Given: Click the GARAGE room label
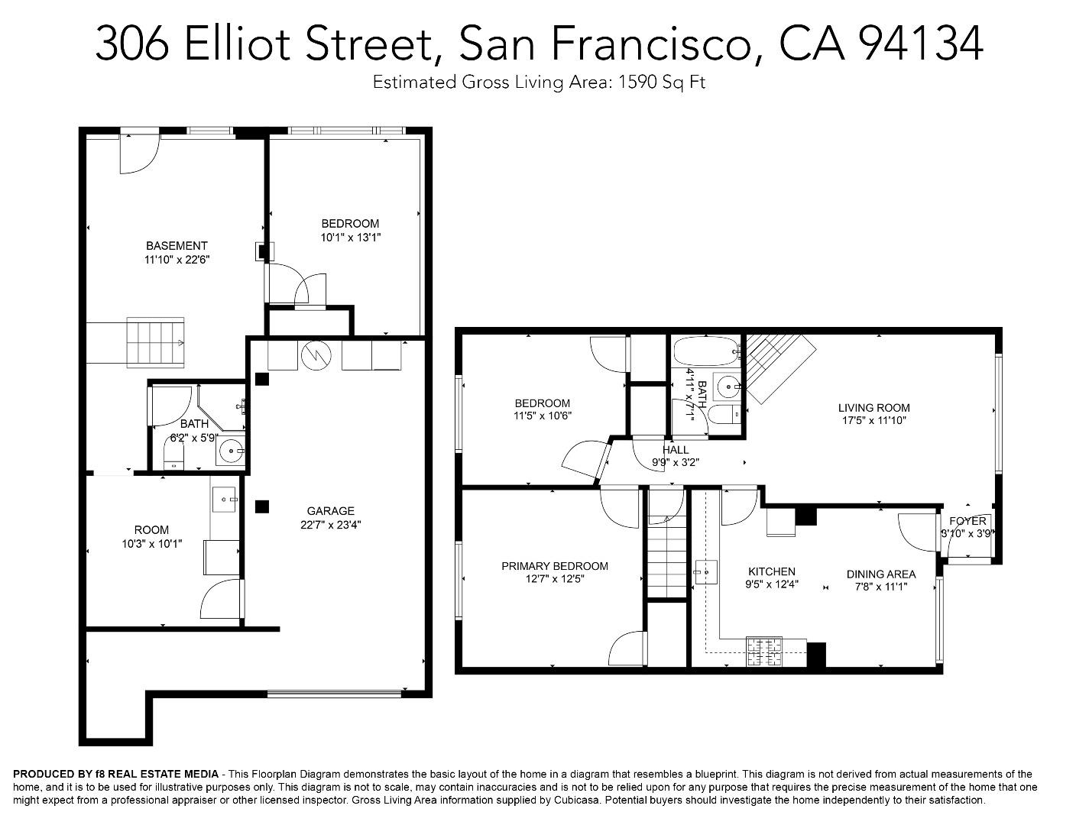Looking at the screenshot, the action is point(330,511).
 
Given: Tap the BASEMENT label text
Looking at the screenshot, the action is point(177,245).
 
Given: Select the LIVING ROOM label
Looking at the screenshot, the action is point(873,408).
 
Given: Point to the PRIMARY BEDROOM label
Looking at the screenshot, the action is point(555,566).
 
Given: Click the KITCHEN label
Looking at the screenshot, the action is point(772,571).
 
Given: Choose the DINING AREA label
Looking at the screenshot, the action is point(881,574).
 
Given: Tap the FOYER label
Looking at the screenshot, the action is point(967,521).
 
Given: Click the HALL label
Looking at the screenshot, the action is point(676,450).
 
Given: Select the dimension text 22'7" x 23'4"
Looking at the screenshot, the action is point(330,525).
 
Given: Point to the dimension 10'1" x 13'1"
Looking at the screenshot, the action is point(351,238).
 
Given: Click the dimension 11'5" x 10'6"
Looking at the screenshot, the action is point(543,416).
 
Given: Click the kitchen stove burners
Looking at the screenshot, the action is point(763,652).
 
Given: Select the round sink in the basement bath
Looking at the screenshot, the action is point(230,451).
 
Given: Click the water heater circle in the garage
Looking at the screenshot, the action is point(316,354).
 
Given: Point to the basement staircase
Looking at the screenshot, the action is point(155,342).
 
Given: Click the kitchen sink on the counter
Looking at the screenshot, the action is point(706,572).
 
